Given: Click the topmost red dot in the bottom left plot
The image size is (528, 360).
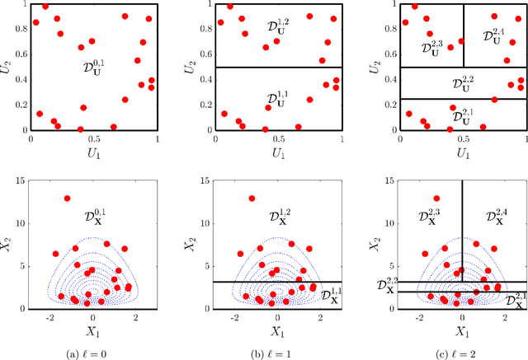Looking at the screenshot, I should pos(68,199).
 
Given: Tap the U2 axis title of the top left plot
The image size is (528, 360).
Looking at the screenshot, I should pos(8,66).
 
